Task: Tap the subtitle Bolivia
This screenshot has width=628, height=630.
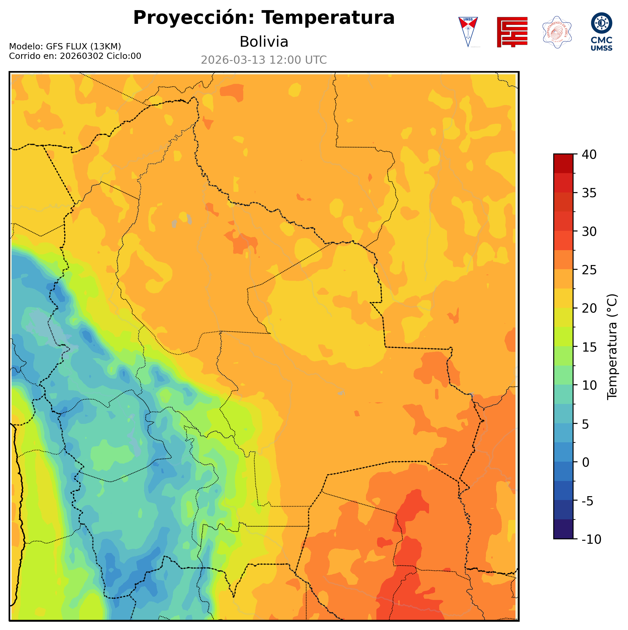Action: click(264, 42)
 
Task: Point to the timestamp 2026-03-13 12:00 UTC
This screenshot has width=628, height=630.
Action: click(264, 60)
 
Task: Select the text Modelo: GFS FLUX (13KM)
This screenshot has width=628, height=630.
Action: click(65, 47)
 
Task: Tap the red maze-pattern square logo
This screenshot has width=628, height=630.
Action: click(512, 32)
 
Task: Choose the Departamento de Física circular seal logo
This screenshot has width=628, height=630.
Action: click(557, 32)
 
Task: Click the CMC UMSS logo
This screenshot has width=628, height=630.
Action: click(601, 32)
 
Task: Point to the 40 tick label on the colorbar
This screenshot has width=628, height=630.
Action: click(589, 155)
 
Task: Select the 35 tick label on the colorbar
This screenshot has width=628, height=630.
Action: click(589, 193)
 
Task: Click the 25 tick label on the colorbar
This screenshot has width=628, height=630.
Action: click(589, 270)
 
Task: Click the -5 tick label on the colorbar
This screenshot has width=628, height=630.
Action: click(587, 501)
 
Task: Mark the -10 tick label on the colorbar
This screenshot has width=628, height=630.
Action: click(591, 540)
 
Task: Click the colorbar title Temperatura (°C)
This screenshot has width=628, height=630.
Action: click(612, 347)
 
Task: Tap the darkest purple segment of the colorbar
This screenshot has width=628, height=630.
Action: click(563, 530)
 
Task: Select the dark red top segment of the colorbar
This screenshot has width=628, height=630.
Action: click(563, 163)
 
